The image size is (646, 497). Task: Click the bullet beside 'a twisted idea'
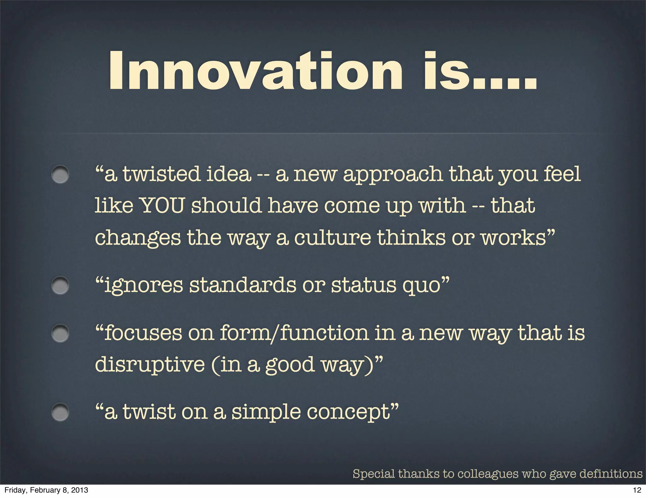60,174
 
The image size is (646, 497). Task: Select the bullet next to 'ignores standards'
60,285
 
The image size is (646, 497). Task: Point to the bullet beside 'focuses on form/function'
60,333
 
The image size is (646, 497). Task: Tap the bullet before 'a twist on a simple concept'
60,412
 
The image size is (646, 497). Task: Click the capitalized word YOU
161,206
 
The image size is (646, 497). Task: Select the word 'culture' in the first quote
332,237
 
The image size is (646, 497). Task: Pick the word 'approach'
392,174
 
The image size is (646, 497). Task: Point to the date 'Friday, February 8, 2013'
46,490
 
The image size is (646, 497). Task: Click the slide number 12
637,490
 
